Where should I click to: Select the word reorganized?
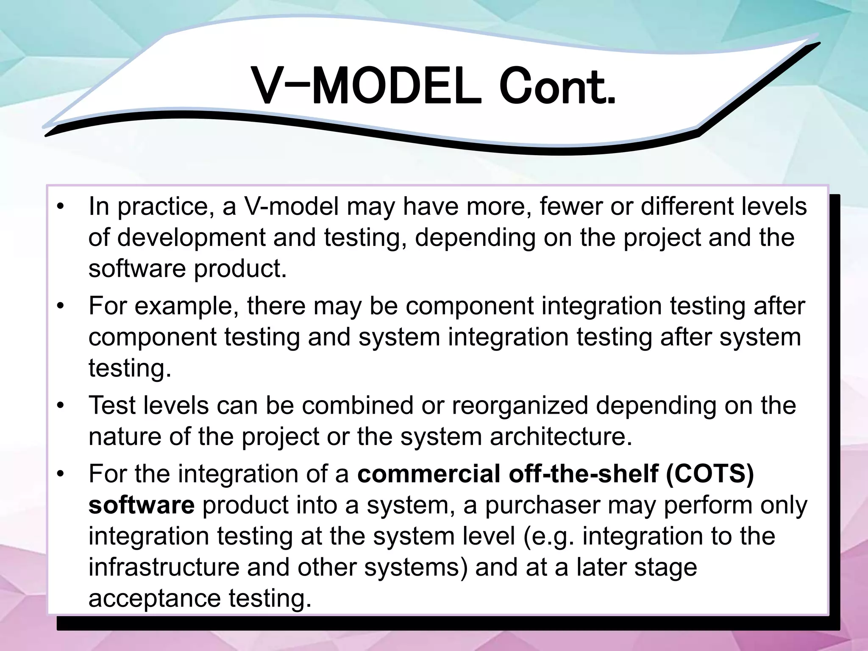pyautogui.click(x=520, y=406)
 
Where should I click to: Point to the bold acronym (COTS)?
pyautogui.click(x=710, y=474)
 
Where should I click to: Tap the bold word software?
pyautogui.click(x=142, y=505)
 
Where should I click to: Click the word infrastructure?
pyautogui.click(x=164, y=567)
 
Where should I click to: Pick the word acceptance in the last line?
pyautogui.click(x=155, y=598)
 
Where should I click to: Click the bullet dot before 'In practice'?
pyautogui.click(x=61, y=207)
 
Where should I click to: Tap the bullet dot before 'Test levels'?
pyautogui.click(x=61, y=406)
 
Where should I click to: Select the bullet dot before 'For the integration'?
pyautogui.click(x=61, y=474)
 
